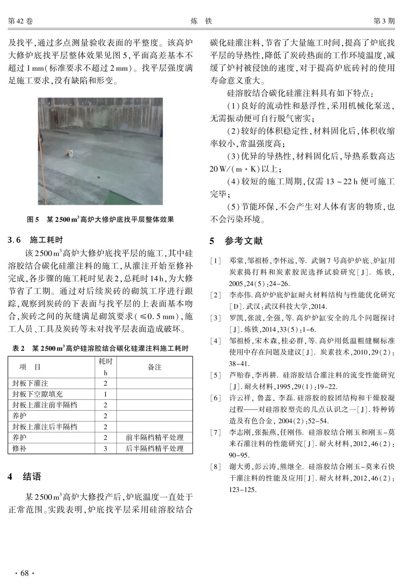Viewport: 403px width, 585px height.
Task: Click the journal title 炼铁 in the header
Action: coord(201,21)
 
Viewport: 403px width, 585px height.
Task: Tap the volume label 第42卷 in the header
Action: coord(21,21)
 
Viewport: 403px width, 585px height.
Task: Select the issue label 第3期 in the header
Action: coord(384,21)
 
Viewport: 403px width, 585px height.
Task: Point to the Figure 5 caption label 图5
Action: coord(33,219)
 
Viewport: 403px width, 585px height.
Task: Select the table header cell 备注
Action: coord(154,367)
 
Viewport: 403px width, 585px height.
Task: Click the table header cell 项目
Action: coord(30,367)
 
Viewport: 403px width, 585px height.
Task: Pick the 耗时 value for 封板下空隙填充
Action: coord(105,394)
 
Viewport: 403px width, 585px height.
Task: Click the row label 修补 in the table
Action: coord(19,448)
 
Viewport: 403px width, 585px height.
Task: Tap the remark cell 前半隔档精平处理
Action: coord(154,437)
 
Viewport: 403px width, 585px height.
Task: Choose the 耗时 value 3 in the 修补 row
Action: coord(105,448)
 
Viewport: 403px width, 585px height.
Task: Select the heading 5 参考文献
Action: coord(236,241)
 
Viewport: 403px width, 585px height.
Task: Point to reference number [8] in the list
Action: coord(215,466)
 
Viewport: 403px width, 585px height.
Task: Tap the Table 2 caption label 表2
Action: coord(18,348)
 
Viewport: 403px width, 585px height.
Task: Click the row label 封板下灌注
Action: coord(30,383)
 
